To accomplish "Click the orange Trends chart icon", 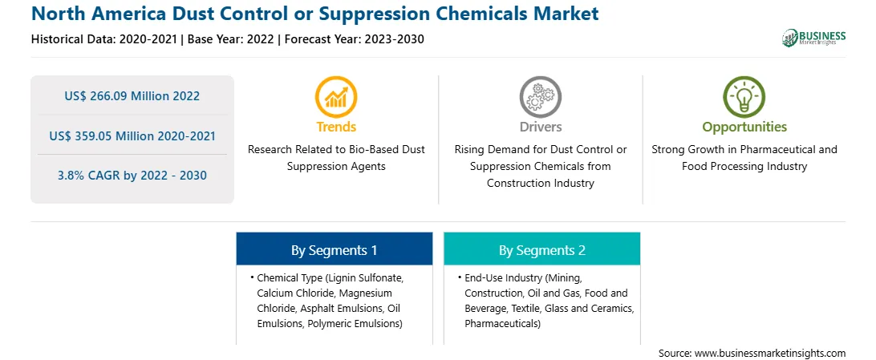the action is click(x=336, y=97).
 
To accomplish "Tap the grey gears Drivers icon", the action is click(x=540, y=97).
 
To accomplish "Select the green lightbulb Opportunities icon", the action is click(x=744, y=97).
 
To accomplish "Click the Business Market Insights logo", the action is click(x=814, y=38).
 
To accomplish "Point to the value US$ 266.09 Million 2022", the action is click(x=132, y=96).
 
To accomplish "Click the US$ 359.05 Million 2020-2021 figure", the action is click(x=132, y=136).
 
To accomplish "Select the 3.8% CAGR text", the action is click(x=132, y=176).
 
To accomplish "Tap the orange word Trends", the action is click(x=336, y=127).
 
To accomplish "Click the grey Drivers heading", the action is click(x=540, y=127).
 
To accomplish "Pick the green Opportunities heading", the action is click(x=744, y=127).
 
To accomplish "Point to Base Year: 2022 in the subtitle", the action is click(x=231, y=39).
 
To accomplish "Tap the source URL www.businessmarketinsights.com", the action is click(x=770, y=353).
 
